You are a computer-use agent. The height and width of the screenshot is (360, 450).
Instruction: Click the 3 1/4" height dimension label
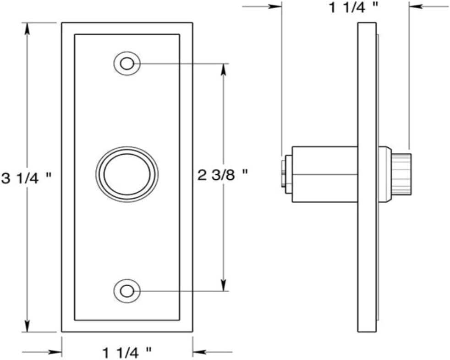tap(25, 178)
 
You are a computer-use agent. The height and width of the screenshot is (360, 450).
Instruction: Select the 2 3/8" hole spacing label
tap(223, 175)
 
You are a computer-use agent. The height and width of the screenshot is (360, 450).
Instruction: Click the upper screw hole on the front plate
tap(127, 63)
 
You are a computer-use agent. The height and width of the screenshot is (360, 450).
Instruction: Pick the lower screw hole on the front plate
tap(127, 291)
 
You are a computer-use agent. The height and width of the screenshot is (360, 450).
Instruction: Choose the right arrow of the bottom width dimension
tap(198, 352)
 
